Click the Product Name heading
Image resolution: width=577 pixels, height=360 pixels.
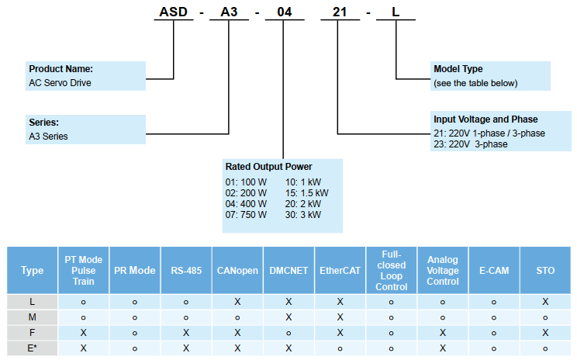(x=60, y=69)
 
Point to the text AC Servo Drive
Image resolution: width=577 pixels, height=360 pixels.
(x=60, y=82)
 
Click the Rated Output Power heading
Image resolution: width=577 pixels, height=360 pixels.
(x=268, y=167)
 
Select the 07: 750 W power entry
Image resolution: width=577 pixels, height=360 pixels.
(x=246, y=215)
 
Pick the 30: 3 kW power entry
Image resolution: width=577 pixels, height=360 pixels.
(x=302, y=215)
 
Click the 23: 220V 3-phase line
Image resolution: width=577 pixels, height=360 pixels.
(x=471, y=144)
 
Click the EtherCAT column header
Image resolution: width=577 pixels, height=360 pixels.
(x=340, y=271)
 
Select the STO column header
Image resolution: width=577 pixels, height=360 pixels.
(x=545, y=271)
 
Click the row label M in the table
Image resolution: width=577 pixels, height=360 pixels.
(x=32, y=317)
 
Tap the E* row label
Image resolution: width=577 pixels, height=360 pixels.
(x=32, y=348)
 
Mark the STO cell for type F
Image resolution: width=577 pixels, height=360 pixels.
(x=545, y=333)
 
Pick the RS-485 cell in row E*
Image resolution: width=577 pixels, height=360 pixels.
(x=186, y=348)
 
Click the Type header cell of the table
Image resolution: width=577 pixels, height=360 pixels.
(x=32, y=271)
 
